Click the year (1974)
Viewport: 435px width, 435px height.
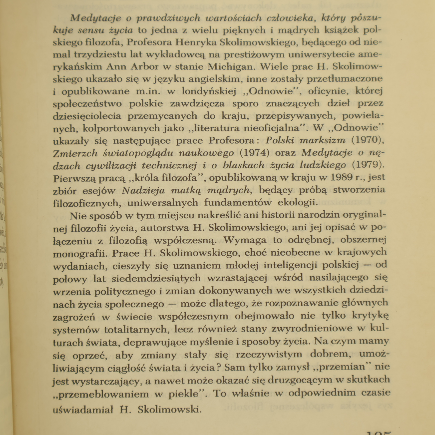pyautogui.click(x=254, y=153)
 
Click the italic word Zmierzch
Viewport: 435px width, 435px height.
pyautogui.click(x=75, y=153)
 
